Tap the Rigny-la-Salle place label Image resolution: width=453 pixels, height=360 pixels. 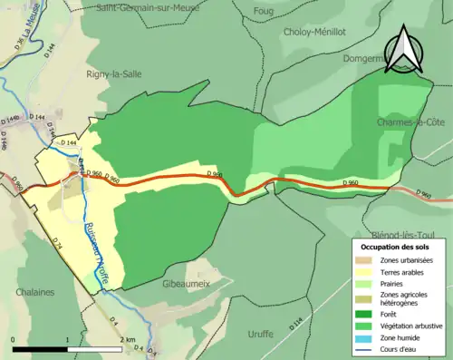coord(113,73)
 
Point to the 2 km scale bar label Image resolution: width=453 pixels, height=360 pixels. coord(128,340)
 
